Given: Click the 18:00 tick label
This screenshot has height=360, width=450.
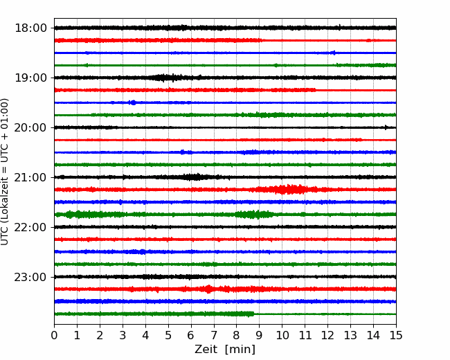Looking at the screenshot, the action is pos(30,28).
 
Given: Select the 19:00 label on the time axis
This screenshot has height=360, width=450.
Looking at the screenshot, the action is pos(30,78).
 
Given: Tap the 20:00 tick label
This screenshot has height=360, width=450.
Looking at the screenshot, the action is pos(30,128).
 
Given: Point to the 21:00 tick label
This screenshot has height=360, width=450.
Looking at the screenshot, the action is pos(30,178).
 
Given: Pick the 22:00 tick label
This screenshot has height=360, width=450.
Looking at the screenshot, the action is pos(30,227).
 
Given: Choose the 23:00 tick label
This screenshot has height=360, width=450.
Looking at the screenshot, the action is pos(30,278).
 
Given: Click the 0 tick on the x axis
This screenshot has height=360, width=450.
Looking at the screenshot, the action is pos(54,335).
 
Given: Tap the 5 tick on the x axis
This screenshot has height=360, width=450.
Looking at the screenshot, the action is pos(168,335).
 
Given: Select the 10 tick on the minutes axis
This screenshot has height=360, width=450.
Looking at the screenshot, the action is pos(282,335).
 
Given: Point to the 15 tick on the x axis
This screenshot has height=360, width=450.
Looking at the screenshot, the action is pos(396,335).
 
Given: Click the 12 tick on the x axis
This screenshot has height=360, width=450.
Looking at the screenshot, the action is pos(327,335).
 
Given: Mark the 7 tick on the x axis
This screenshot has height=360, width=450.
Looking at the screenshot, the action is pos(214,335).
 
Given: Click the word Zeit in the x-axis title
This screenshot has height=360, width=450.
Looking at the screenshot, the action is pos(206,349).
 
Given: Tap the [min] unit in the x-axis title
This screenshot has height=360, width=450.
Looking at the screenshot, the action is pos(240,350).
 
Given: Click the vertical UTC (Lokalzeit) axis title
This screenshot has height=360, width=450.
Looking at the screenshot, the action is pos(5,172).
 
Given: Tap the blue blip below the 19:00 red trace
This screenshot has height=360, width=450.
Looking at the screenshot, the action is pos(133,102).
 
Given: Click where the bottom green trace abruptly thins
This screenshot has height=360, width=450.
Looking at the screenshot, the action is pos(253,314).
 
